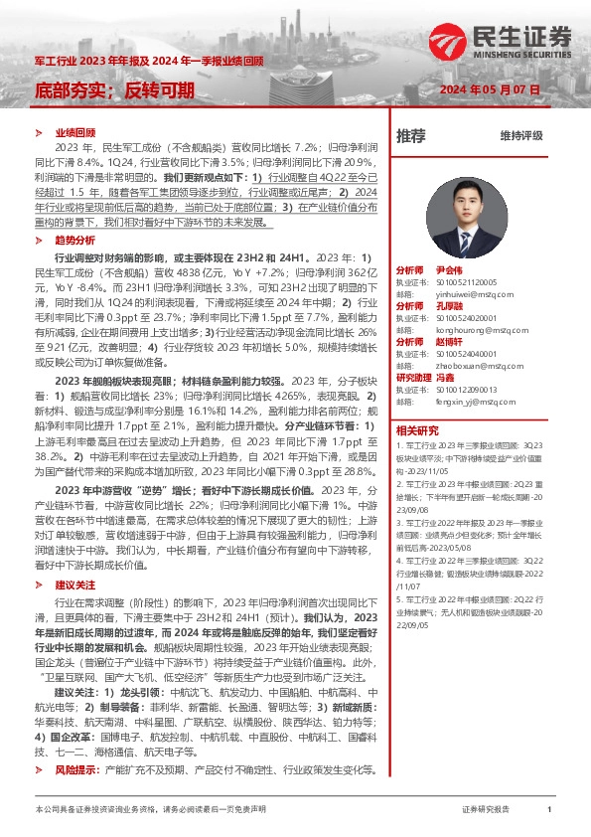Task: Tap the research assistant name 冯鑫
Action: pyautogui.click(x=446, y=377)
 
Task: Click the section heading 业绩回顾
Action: pyautogui.click(x=74, y=132)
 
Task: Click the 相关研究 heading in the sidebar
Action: pyautogui.click(x=417, y=430)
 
